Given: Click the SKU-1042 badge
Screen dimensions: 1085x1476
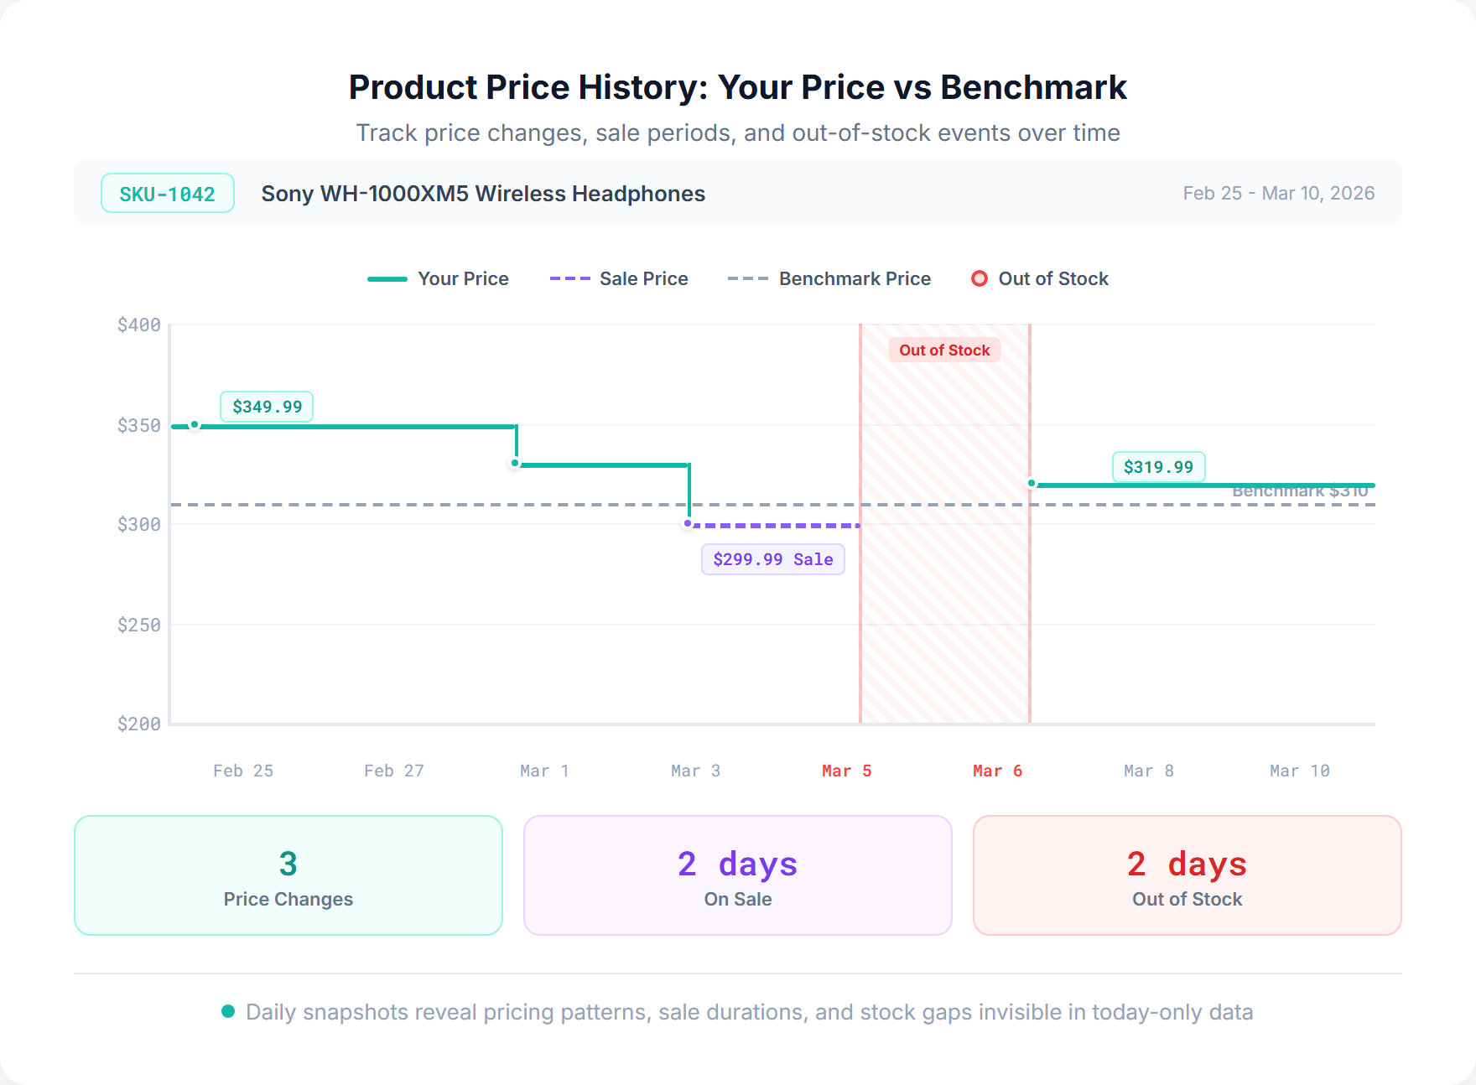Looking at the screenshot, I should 167,194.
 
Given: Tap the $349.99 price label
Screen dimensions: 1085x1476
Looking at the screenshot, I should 267,407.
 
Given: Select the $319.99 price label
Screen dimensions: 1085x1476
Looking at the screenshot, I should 1158,467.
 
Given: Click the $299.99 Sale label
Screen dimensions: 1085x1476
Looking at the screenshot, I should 772,559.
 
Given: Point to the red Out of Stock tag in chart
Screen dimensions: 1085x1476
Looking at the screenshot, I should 944,350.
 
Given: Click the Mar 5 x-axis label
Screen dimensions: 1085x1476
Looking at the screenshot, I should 846,771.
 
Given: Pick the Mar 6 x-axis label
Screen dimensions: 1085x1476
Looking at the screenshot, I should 997,771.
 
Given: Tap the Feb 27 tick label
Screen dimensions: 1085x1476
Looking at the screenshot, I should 393,771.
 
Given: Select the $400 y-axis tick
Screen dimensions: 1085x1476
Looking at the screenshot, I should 139,325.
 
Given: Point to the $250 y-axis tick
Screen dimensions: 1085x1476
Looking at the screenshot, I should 139,625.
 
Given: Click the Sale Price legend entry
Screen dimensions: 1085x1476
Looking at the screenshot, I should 619,278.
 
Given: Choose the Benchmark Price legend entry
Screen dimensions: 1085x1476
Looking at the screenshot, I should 829,278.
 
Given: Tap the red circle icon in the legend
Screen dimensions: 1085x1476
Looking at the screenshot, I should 979,278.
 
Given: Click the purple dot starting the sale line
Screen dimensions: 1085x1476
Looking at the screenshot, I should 688,524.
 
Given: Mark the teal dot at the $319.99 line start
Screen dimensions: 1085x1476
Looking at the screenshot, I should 1032,484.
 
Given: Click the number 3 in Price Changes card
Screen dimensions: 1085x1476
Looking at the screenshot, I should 288,864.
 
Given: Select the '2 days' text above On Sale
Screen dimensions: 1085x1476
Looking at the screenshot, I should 737,864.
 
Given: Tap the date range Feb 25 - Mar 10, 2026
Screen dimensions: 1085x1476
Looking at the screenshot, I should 1278,194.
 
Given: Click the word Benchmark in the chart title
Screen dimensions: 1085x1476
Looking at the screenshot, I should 1033,87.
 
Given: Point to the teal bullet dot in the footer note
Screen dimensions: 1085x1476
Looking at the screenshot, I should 228,1011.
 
